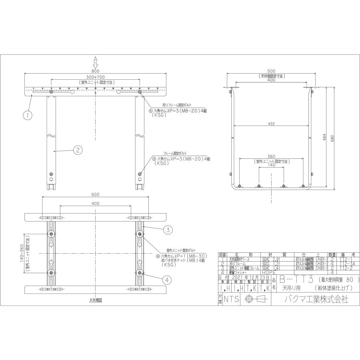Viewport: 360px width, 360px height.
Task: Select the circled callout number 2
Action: click(x=78, y=150)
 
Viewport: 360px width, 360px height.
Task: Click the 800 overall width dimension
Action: click(x=96, y=71)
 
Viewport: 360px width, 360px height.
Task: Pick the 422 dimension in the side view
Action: click(x=272, y=124)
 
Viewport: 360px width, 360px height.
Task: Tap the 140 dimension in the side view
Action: click(x=272, y=165)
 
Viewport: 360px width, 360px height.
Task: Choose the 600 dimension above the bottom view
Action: click(x=96, y=195)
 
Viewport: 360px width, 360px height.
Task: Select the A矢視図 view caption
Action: click(x=96, y=300)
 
